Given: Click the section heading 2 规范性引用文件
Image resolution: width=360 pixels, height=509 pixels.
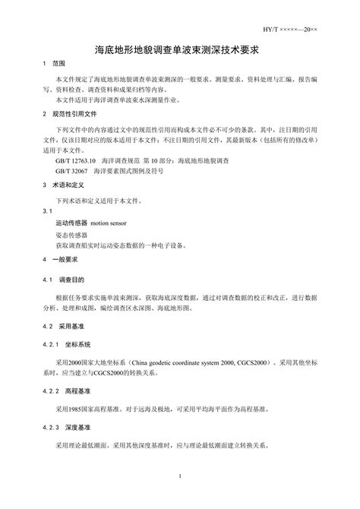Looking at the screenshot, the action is coord(68,113).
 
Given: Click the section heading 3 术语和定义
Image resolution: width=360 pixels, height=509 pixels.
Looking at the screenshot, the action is coord(63,185).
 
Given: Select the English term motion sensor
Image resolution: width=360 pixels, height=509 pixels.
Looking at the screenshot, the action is coord(112,225).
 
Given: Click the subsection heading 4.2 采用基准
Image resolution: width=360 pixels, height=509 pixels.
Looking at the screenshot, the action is coord(66,325).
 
